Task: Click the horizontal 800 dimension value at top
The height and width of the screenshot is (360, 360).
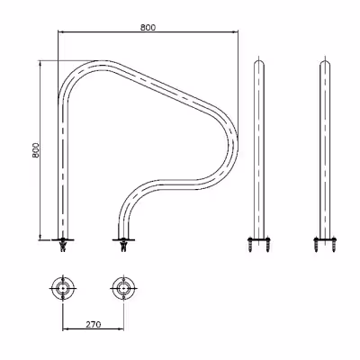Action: [148, 27]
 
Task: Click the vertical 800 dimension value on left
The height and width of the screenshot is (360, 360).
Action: [36, 149]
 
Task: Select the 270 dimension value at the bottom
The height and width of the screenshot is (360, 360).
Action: [94, 324]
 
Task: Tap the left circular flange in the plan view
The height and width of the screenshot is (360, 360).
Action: [63, 288]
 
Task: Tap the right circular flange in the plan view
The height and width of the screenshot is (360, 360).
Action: [123, 288]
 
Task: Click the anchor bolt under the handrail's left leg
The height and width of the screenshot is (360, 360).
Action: [63, 245]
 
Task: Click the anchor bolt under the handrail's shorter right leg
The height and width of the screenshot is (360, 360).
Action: [123, 245]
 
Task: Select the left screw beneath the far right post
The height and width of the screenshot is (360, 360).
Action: [316, 245]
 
